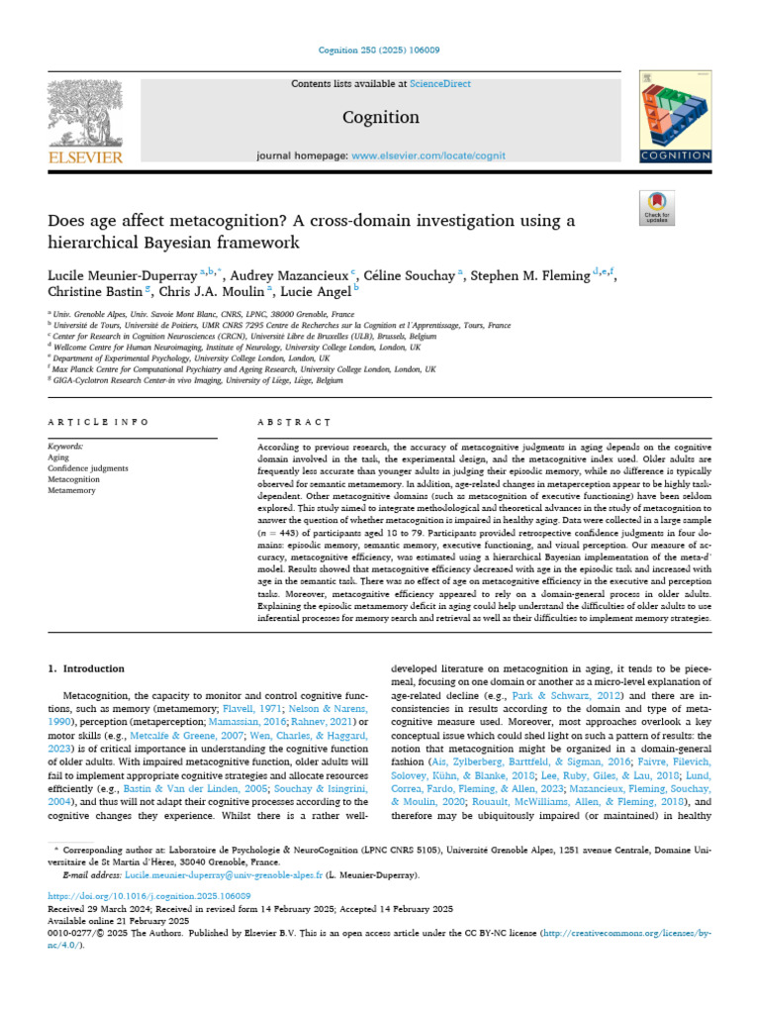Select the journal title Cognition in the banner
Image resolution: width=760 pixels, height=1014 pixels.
point(380,117)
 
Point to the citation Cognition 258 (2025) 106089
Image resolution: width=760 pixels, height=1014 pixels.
point(380,50)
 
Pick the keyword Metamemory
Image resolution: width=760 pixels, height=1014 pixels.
point(71,488)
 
